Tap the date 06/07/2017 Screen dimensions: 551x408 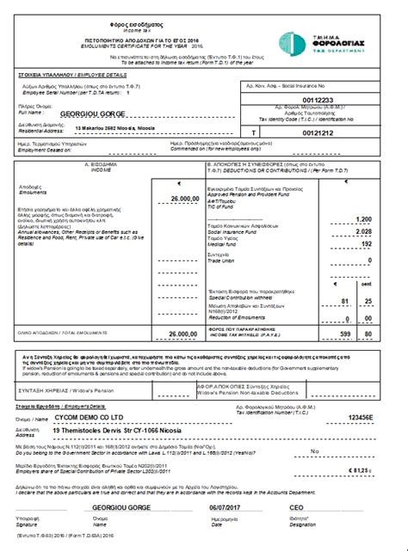click(227, 509)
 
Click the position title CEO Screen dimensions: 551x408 click(299, 509)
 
